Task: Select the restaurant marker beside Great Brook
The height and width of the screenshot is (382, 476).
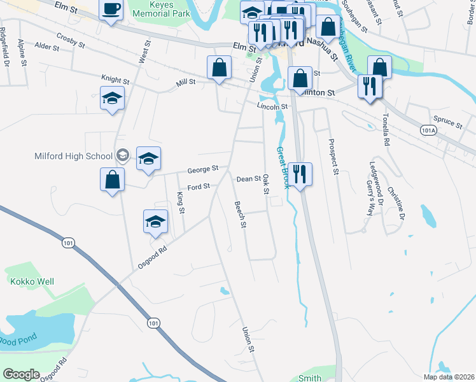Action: [x=300, y=173]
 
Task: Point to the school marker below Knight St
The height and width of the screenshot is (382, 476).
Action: [x=112, y=99]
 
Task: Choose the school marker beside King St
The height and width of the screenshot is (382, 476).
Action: [x=155, y=222]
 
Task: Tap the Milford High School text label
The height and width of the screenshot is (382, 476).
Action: [x=74, y=155]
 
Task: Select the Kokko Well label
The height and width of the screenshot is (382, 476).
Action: [x=31, y=281]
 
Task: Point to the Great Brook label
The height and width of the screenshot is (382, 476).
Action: [x=282, y=167]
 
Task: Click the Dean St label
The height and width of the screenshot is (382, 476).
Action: [x=248, y=180]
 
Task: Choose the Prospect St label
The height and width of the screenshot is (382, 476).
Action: [x=332, y=156]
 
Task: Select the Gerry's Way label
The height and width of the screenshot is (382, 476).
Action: [x=368, y=202]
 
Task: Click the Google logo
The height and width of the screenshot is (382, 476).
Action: [x=22, y=374]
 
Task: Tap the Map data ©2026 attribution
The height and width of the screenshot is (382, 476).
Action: [x=449, y=377]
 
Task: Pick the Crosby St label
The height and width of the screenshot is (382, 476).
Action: [x=70, y=40]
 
